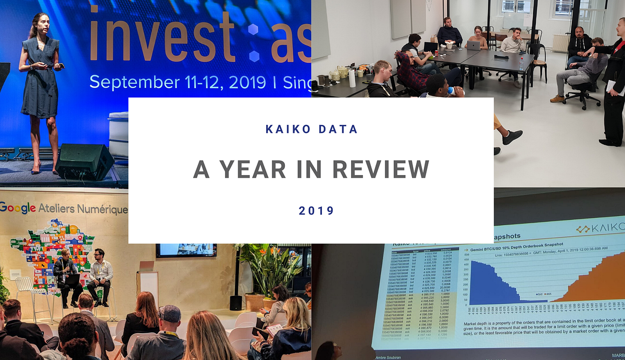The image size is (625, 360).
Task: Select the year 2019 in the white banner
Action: click(316, 210)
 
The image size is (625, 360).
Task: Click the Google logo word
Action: click(18, 208)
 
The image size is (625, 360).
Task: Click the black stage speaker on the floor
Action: click(85, 162)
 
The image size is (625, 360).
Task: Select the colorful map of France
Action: click(52, 250)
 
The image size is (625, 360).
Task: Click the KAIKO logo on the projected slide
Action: click(599, 228)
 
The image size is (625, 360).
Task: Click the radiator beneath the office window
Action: click(560, 43)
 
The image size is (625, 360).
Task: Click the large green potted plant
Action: click(268, 271)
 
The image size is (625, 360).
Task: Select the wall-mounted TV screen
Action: click(186, 250)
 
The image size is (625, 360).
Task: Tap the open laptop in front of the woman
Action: click(473, 45)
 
